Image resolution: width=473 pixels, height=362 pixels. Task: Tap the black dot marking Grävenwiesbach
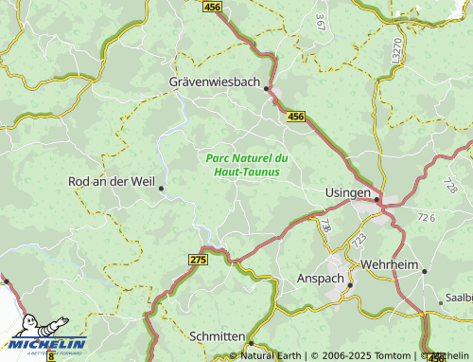(267, 89)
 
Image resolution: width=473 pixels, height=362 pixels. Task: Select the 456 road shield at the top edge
(214, 7)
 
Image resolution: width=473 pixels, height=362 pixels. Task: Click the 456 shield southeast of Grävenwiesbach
(296, 116)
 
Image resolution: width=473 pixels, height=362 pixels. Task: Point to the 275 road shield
(197, 259)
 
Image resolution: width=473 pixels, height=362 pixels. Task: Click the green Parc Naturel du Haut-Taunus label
(246, 164)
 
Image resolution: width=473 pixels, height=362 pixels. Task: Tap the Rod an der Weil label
(111, 180)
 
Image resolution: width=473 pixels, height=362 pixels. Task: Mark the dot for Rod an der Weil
(162, 188)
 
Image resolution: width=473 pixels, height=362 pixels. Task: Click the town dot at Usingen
(377, 199)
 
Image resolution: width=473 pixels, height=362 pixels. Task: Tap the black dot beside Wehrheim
(424, 271)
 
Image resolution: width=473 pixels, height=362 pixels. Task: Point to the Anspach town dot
(349, 283)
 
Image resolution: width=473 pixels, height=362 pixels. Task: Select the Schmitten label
(217, 336)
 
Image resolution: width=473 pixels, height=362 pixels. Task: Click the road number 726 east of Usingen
(427, 218)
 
